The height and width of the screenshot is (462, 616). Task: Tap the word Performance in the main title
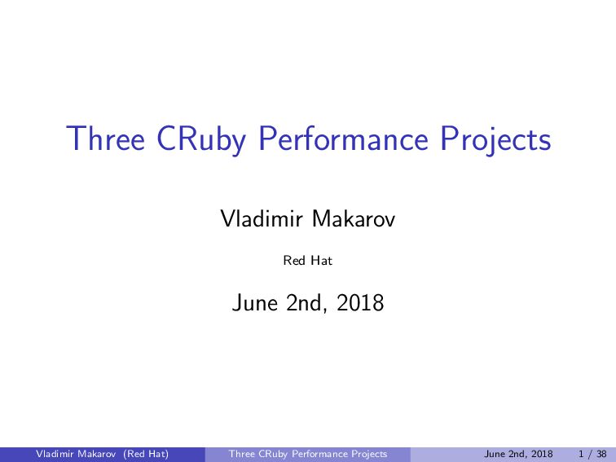[346, 139]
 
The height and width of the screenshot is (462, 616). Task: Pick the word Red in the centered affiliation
[293, 262]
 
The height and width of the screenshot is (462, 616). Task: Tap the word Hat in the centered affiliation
[323, 262]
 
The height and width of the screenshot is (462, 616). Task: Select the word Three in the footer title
[243, 454]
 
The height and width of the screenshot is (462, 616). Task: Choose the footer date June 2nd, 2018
[518, 454]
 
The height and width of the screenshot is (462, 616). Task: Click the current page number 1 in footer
[579, 454]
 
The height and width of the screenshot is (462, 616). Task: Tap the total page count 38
[601, 454]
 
